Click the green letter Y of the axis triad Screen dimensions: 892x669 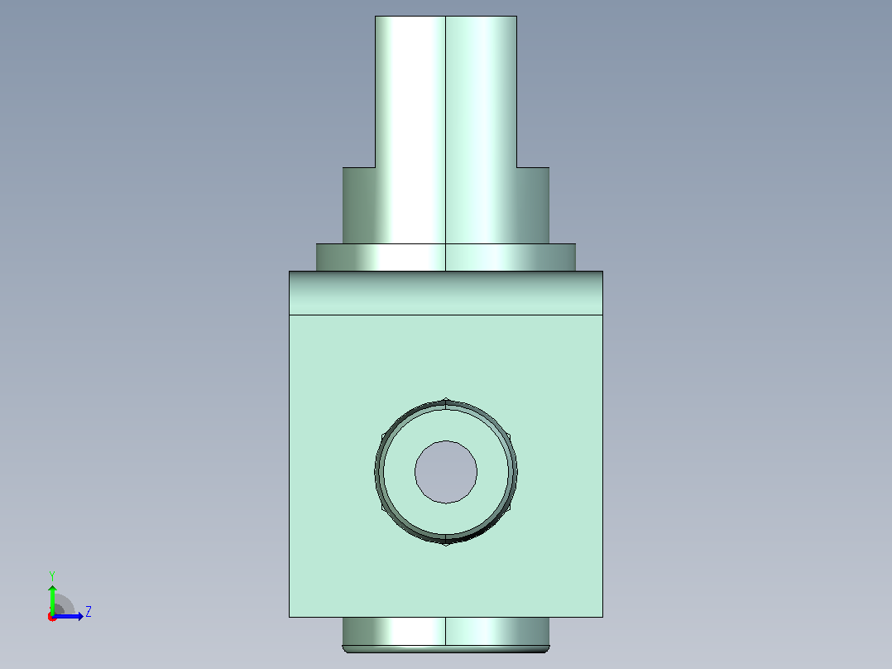[52, 575]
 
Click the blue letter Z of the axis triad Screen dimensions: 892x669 [89, 612]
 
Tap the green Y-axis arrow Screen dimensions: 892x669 [52, 599]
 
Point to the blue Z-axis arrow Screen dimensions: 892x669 [68, 616]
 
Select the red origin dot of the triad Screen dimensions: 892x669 [52, 617]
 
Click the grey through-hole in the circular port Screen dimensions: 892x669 [446, 472]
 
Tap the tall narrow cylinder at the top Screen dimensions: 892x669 [446, 92]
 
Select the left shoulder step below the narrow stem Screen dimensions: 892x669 [359, 205]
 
